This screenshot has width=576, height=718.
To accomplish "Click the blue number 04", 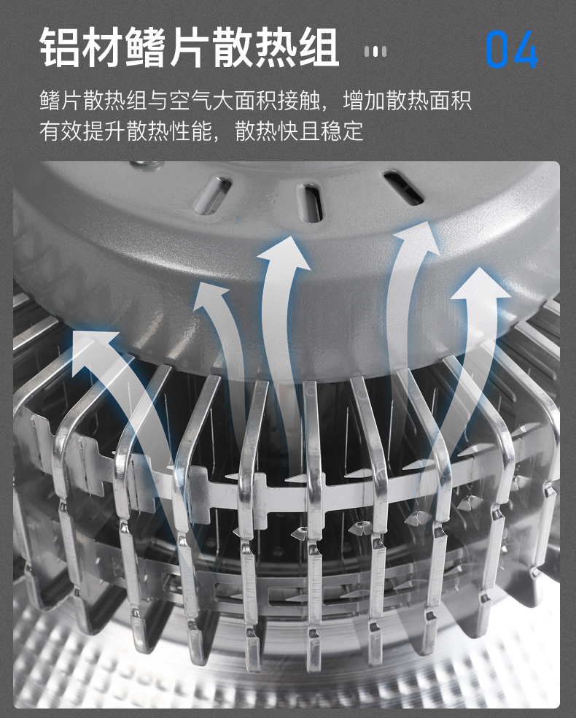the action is coord(512,50).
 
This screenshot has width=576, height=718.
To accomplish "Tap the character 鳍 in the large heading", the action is coord(146,47).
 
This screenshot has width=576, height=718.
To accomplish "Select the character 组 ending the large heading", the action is coord(317,47).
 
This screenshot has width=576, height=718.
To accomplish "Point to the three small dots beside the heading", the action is coord(375,51).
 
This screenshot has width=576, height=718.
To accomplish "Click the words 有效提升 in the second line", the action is coord(82,131).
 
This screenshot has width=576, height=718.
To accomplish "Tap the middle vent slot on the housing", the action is coord(310,202).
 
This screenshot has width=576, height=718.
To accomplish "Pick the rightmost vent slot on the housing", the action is coord(403,188).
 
